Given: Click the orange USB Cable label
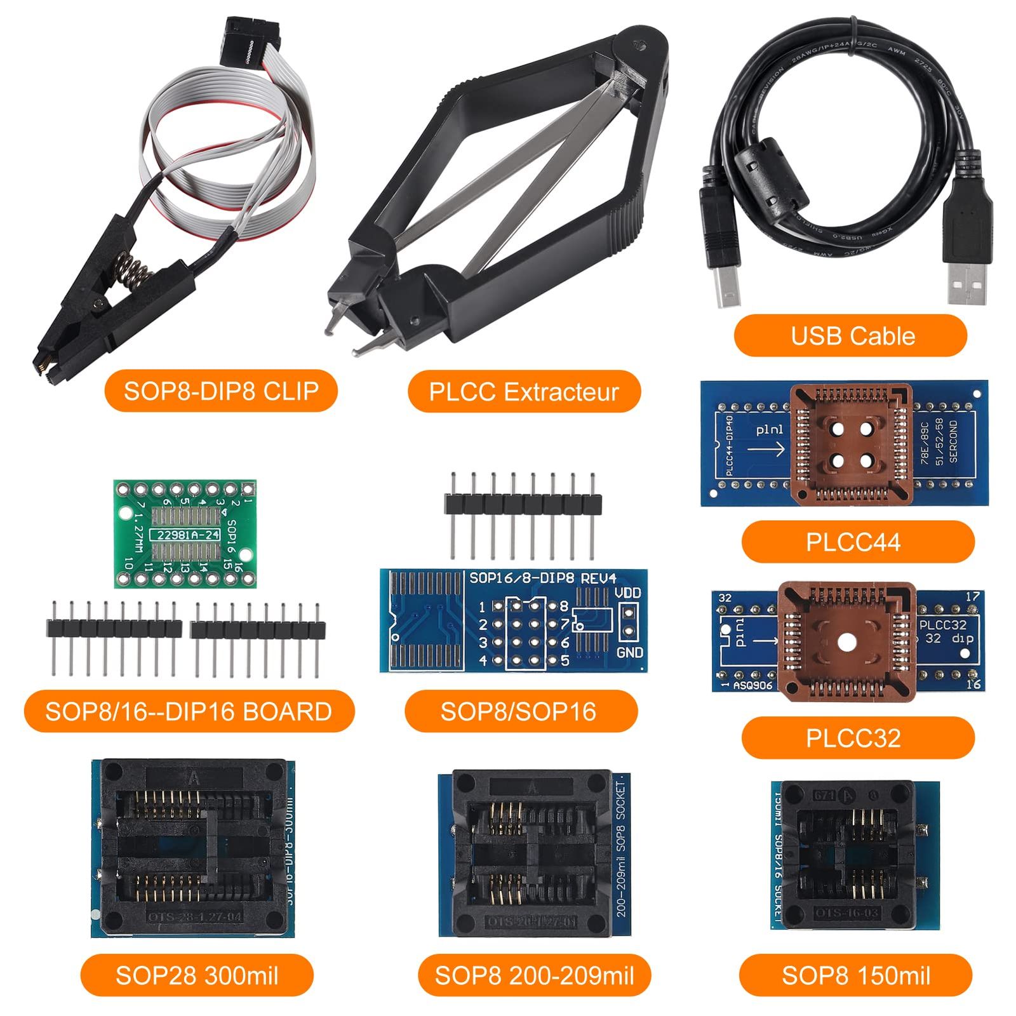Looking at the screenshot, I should coord(850,336).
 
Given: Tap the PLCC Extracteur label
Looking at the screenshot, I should coord(524,391).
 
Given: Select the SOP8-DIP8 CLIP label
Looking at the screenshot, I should coord(220,391).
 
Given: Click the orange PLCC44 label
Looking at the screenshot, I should coord(857,542).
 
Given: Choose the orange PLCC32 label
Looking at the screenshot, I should coord(857,738).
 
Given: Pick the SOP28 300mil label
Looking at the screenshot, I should coord(197,975).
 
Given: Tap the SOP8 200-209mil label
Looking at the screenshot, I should coord(534,975).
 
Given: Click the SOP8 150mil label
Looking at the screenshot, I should coord(855,975).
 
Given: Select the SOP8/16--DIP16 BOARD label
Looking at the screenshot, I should coord(189,711).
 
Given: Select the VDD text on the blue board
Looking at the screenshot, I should coord(628,593).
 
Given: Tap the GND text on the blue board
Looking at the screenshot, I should coord(629,652).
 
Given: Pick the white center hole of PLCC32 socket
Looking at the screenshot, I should coord(845,642).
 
